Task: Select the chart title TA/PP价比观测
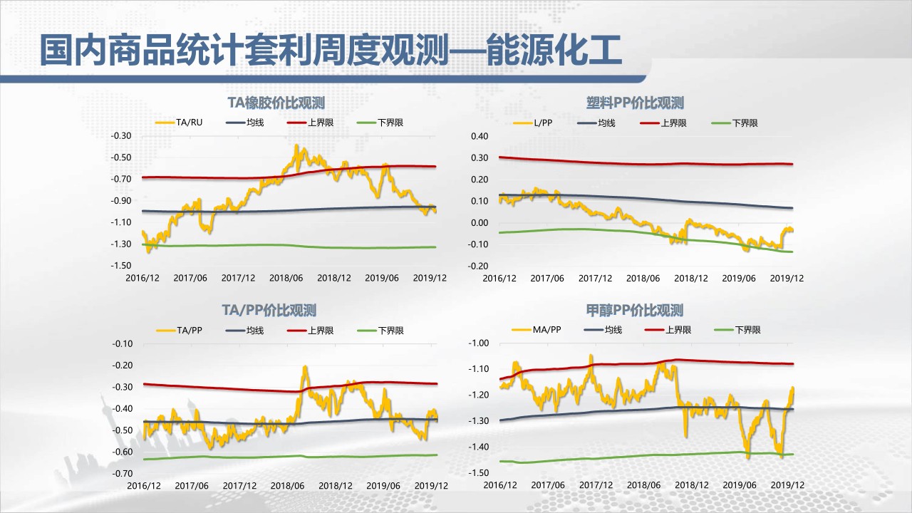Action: point(269,310)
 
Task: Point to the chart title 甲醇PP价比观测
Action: point(635,310)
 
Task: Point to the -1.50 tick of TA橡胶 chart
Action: point(122,266)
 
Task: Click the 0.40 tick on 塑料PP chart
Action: point(480,135)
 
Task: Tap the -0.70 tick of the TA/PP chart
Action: point(122,474)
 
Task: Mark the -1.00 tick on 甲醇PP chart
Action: point(478,343)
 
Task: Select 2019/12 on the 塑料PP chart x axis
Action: point(788,279)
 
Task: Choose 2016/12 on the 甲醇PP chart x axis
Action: point(500,485)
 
